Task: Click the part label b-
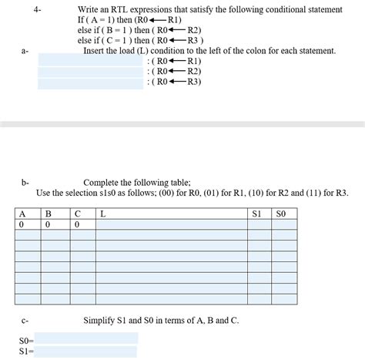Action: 25,182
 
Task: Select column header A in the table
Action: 22,213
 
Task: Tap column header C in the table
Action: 77,213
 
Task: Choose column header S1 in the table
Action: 257,213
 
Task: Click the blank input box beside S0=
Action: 86,338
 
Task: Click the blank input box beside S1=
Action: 86,352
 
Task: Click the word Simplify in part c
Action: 102,320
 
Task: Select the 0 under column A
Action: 22,224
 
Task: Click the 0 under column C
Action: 77,224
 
